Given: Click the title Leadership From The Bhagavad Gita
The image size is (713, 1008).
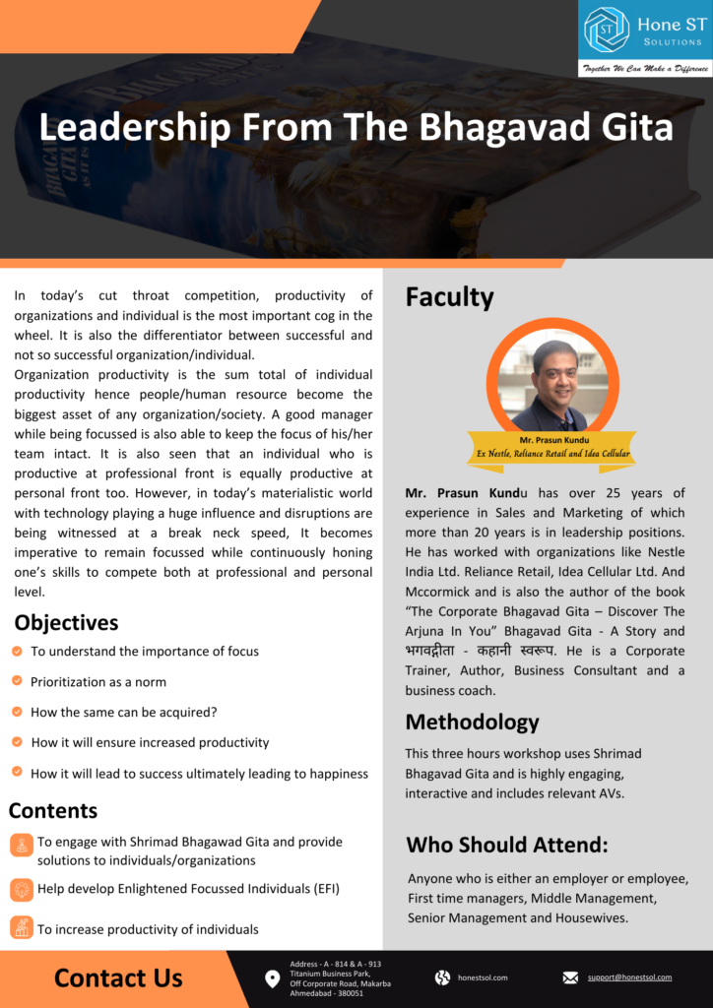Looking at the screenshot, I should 356,127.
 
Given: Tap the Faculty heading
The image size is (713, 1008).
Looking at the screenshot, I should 449,296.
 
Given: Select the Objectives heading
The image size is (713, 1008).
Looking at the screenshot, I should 66,622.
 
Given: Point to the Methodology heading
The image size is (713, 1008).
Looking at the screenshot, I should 472,722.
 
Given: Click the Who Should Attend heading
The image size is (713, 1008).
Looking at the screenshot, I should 506,845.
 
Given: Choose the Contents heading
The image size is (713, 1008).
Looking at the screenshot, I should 53,810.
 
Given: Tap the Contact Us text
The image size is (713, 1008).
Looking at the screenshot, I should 118,977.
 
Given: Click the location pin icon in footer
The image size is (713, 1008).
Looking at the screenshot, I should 273,978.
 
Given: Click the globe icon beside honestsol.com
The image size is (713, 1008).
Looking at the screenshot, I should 442,977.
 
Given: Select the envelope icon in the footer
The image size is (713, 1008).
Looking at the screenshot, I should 570,977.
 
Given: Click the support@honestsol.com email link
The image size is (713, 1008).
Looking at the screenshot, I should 629,977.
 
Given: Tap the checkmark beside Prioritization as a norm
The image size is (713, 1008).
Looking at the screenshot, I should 18,681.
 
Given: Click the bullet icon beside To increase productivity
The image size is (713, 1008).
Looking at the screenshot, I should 21,927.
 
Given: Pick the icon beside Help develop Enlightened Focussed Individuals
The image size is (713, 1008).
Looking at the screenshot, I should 21,889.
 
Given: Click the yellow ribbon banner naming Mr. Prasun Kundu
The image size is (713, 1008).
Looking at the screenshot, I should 549,447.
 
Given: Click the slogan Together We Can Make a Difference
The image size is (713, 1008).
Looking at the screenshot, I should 644,68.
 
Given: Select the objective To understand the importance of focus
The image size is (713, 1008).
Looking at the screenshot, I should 145,651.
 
